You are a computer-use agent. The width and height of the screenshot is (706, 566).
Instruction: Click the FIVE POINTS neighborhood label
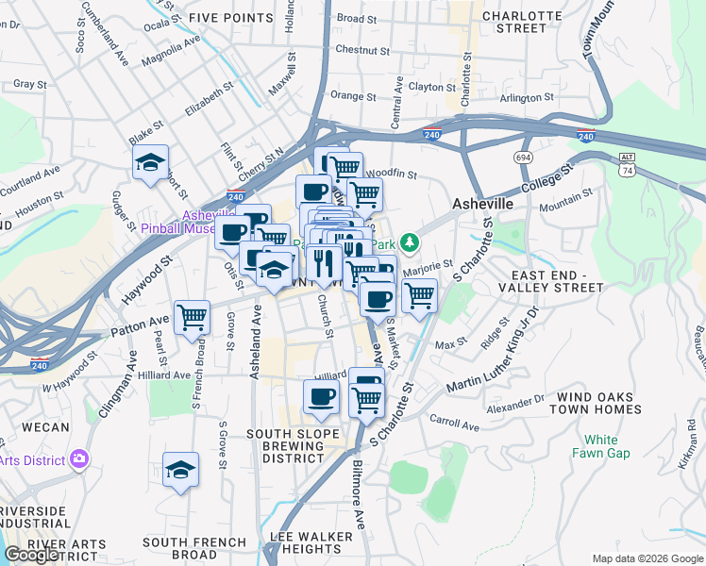tap(229, 18)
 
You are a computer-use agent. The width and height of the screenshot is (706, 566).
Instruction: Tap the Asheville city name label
tap(482, 204)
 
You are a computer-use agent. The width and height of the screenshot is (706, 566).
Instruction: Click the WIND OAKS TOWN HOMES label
tap(598, 403)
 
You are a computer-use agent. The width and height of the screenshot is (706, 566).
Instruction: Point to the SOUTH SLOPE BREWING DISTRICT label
tap(293, 446)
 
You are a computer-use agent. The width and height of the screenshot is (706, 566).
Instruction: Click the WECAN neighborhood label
tap(45, 427)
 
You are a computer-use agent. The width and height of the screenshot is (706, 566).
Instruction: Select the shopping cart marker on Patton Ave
tap(193, 319)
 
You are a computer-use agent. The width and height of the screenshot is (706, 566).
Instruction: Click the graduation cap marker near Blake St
tap(150, 164)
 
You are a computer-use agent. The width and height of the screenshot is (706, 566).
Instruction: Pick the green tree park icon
tap(409, 243)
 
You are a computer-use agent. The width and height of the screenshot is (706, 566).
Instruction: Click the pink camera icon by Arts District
tap(79, 459)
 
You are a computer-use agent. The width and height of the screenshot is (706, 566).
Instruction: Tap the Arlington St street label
tap(527, 98)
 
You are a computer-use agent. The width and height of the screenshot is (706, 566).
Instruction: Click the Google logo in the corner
tap(31, 555)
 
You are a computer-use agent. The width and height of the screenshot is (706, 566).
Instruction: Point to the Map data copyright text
tap(647, 558)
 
